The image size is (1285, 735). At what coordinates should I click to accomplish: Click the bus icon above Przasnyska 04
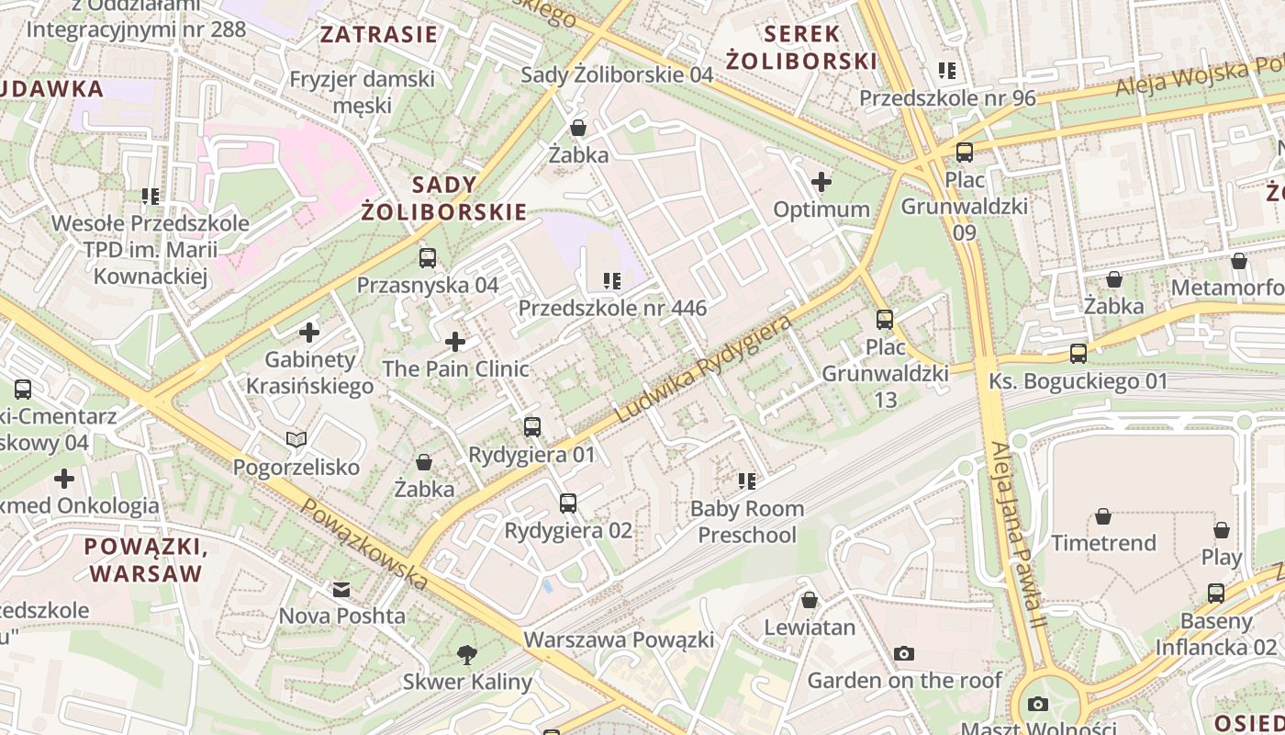(x=428, y=258)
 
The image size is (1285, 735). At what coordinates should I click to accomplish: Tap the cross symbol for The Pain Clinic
(x=455, y=343)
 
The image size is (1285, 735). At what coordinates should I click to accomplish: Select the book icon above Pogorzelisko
(x=296, y=440)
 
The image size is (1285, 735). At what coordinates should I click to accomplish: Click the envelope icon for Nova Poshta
(x=341, y=589)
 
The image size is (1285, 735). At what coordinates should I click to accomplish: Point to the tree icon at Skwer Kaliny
(x=467, y=655)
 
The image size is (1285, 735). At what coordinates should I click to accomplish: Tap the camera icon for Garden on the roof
(x=904, y=653)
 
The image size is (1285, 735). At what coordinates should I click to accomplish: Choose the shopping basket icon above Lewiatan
(x=810, y=601)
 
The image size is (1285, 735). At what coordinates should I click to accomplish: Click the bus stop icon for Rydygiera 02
(x=568, y=503)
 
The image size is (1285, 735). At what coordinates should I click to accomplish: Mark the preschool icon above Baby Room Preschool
(x=747, y=481)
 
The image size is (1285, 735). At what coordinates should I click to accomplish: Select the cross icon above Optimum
(x=821, y=182)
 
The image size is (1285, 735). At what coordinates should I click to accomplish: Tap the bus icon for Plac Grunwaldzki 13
(x=885, y=320)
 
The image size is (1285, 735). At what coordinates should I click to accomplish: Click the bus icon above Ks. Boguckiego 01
(x=1078, y=354)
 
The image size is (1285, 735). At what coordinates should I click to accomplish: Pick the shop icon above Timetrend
(x=1103, y=516)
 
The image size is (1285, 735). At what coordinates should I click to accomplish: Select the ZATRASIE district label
(x=378, y=36)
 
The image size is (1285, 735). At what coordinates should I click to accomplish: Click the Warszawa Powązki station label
(x=619, y=639)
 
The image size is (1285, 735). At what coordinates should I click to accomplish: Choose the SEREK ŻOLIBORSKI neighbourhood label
(x=801, y=48)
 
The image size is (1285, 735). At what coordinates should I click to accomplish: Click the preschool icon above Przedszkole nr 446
(x=612, y=281)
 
